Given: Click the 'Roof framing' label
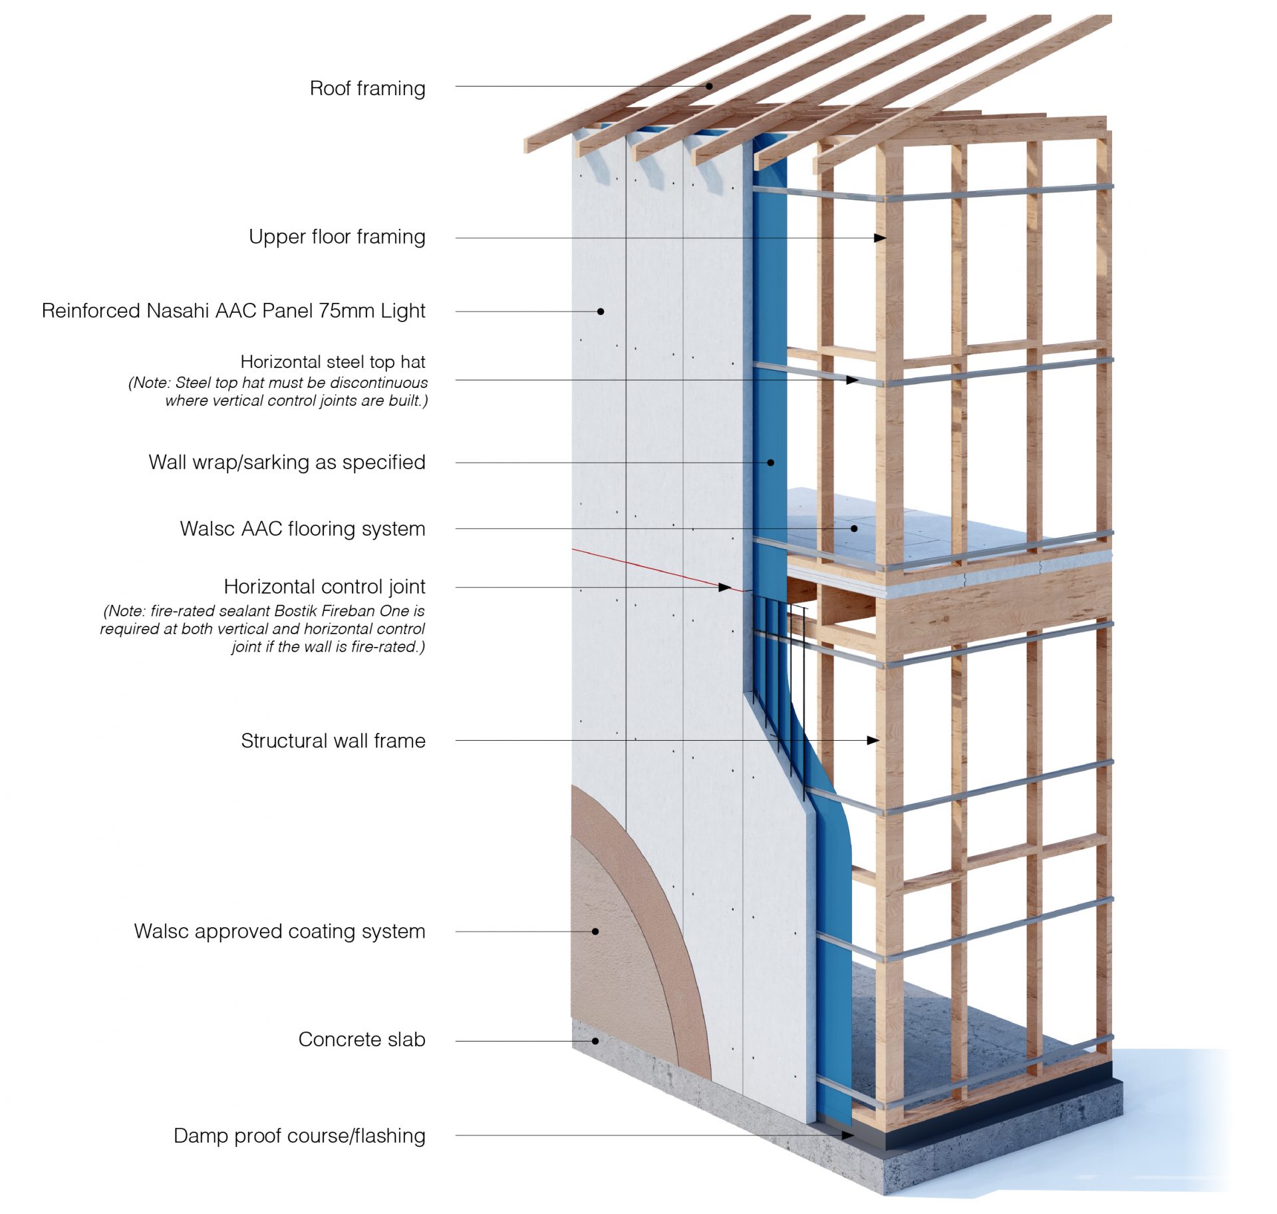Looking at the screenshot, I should click(x=367, y=88).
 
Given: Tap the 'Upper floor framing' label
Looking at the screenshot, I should click(x=337, y=237).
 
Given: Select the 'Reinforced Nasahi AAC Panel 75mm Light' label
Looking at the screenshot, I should click(x=233, y=311).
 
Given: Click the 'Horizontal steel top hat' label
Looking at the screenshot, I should click(x=333, y=362).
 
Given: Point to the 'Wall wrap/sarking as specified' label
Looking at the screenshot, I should click(x=287, y=462).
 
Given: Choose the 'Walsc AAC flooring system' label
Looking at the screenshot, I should click(x=303, y=528).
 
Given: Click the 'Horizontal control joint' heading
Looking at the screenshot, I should click(x=324, y=586).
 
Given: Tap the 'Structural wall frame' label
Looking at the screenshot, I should click(x=333, y=740).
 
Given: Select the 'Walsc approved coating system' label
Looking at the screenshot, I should click(x=279, y=931).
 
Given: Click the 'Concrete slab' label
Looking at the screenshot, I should click(x=361, y=1040).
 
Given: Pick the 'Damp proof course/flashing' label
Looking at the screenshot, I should click(x=299, y=1135).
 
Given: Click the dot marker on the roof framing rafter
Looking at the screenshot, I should click(x=709, y=87).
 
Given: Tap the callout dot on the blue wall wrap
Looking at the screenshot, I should click(x=771, y=463).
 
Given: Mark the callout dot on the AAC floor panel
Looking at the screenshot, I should click(x=855, y=528).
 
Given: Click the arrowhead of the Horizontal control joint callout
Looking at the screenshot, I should click(x=726, y=587).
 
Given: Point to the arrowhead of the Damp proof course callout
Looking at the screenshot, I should click(x=848, y=1135).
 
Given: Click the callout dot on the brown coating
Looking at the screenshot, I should click(x=595, y=931).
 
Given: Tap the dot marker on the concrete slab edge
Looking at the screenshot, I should click(x=595, y=1041).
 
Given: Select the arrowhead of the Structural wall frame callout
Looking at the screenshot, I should click(x=874, y=740).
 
